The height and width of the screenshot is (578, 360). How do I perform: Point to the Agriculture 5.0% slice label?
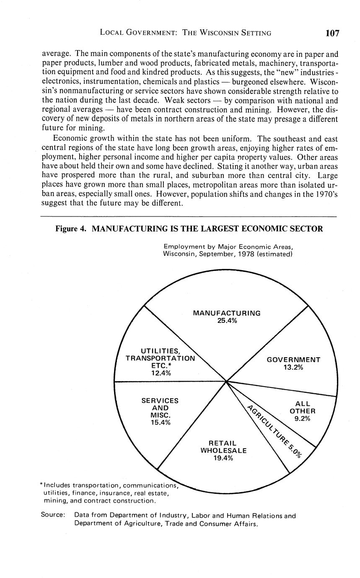point(274,431)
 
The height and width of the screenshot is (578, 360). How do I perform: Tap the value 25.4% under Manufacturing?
point(227,321)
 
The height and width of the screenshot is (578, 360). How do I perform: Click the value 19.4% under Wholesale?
point(223,458)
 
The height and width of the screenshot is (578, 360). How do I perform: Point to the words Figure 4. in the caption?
point(71,229)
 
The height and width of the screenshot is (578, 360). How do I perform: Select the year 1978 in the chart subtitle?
point(247,254)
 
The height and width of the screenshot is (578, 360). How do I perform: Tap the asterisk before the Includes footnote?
point(41,485)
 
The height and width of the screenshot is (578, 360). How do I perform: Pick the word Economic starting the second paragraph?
point(69,138)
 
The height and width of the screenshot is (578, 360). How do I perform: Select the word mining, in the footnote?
point(55,501)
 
